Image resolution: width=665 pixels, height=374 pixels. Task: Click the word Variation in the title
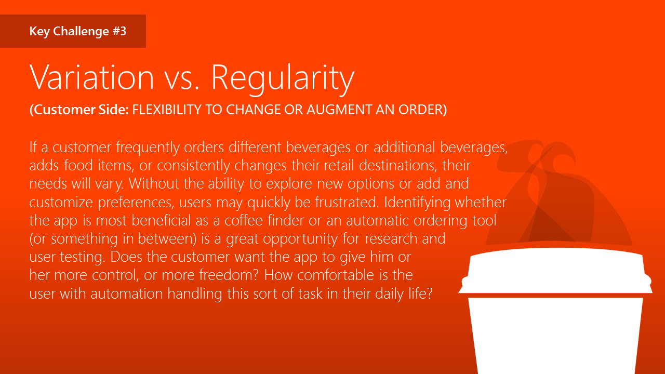[x=91, y=77]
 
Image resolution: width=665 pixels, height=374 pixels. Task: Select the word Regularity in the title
[x=283, y=79]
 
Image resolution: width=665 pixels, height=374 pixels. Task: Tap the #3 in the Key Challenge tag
[x=119, y=31]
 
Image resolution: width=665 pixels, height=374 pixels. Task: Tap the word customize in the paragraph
[x=61, y=203]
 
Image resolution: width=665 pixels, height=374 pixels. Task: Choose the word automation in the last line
[x=127, y=293]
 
